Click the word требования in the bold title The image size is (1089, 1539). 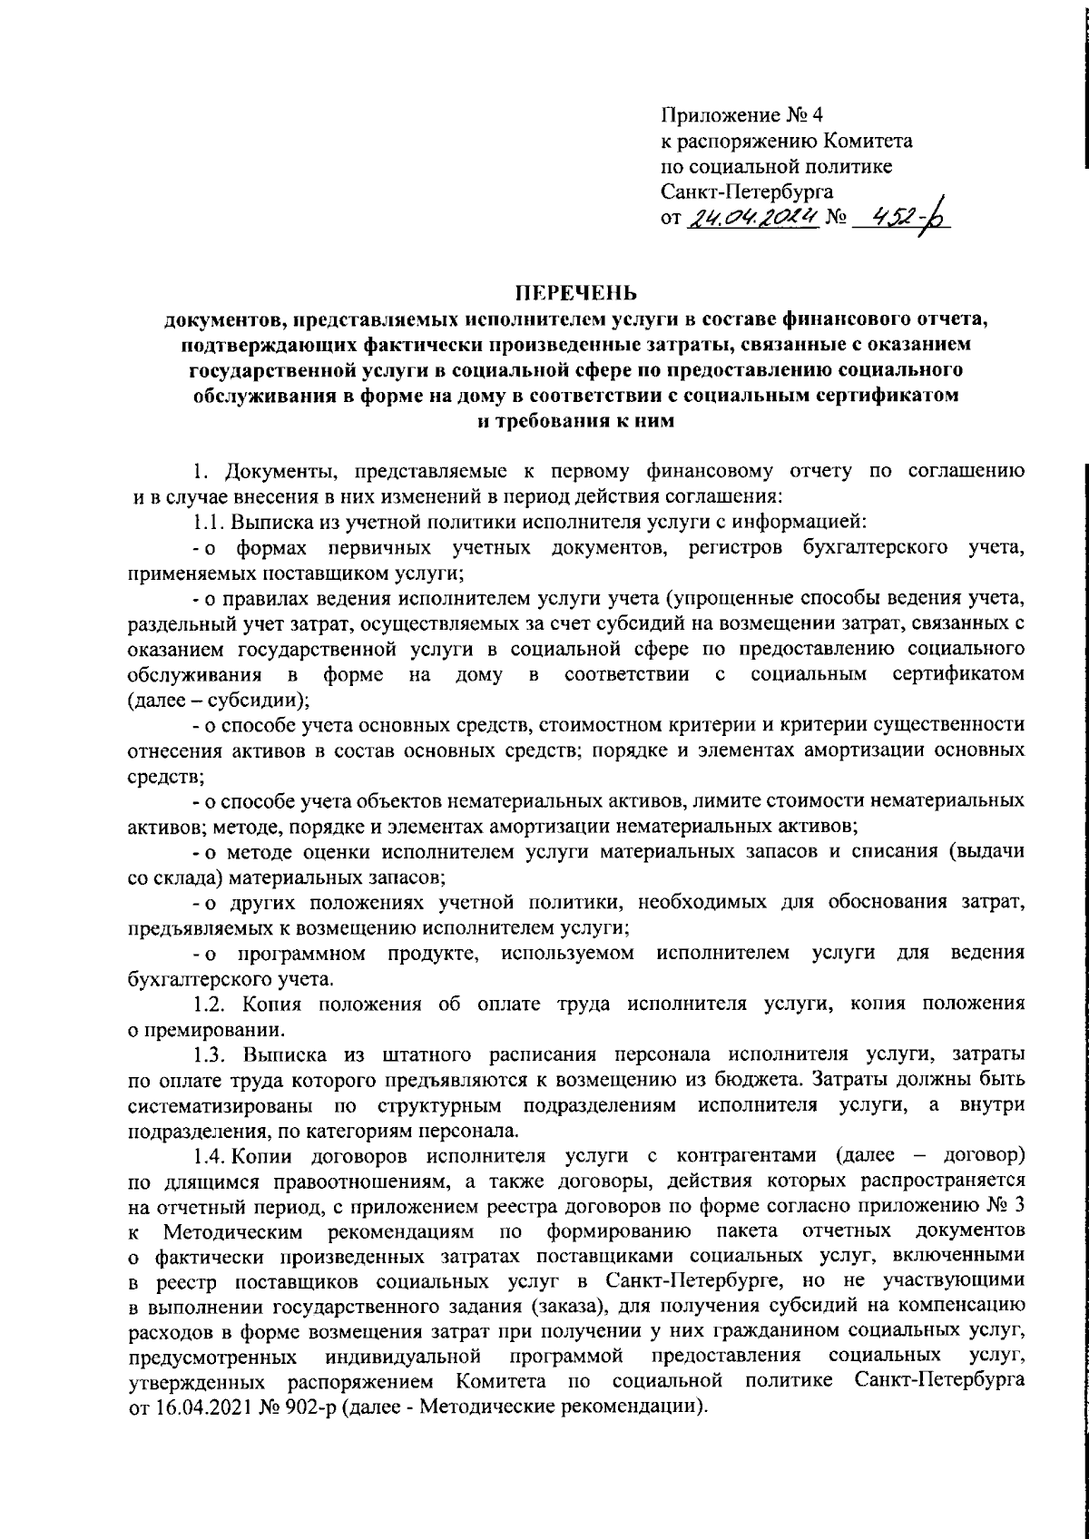coord(553,421)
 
